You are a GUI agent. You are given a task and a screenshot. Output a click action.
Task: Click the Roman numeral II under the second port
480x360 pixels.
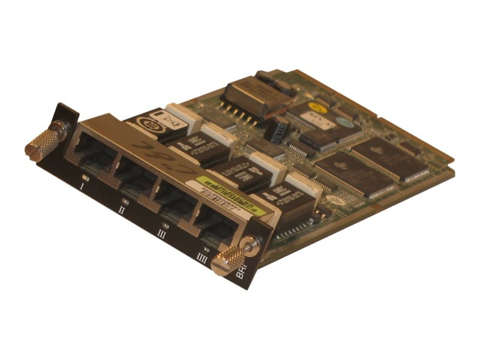(x=122, y=209)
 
